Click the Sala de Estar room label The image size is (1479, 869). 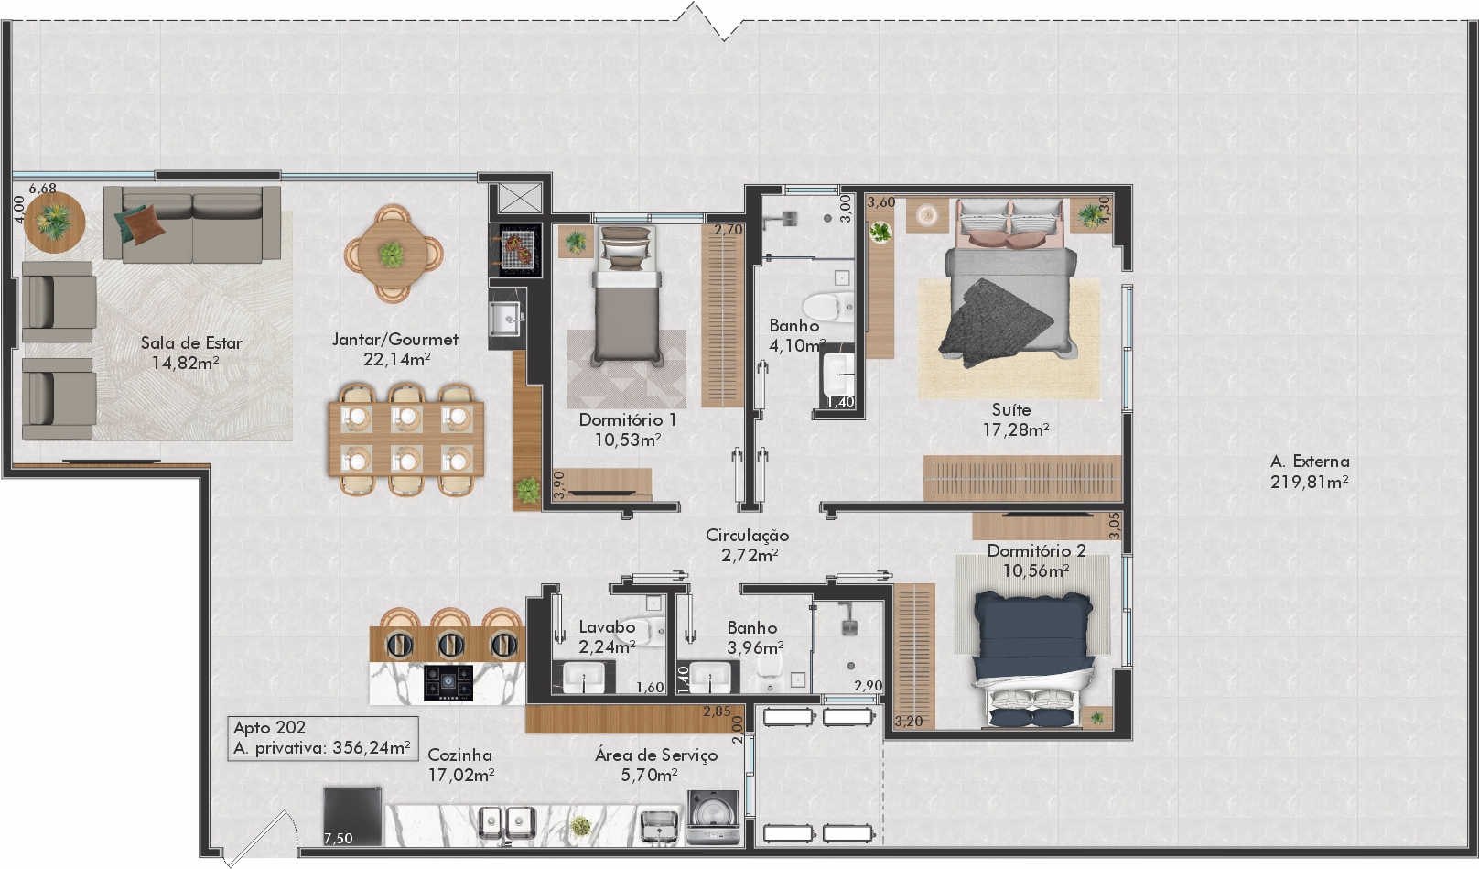pyautogui.click(x=191, y=343)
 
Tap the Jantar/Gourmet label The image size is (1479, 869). pyautogui.click(x=394, y=340)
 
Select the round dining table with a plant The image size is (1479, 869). pyautogui.click(x=394, y=254)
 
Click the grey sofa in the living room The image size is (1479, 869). pyautogui.click(x=192, y=224)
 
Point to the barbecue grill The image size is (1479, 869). pyautogui.click(x=515, y=249)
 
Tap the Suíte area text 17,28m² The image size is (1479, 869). pyautogui.click(x=1016, y=430)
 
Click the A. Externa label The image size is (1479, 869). pyautogui.click(x=1310, y=462)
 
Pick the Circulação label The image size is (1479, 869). pyautogui.click(x=748, y=536)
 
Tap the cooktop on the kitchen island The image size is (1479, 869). pyautogui.click(x=448, y=682)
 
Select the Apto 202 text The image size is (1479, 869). pyautogui.click(x=269, y=728)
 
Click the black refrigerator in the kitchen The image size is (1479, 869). pyautogui.click(x=352, y=816)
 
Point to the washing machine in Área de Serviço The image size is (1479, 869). pyautogui.click(x=713, y=818)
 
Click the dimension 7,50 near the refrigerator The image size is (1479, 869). pyautogui.click(x=339, y=839)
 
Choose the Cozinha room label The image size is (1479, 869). pyautogui.click(x=460, y=755)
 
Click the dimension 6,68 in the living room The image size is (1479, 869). pyautogui.click(x=42, y=189)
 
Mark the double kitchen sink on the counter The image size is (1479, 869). pyautogui.click(x=507, y=823)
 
